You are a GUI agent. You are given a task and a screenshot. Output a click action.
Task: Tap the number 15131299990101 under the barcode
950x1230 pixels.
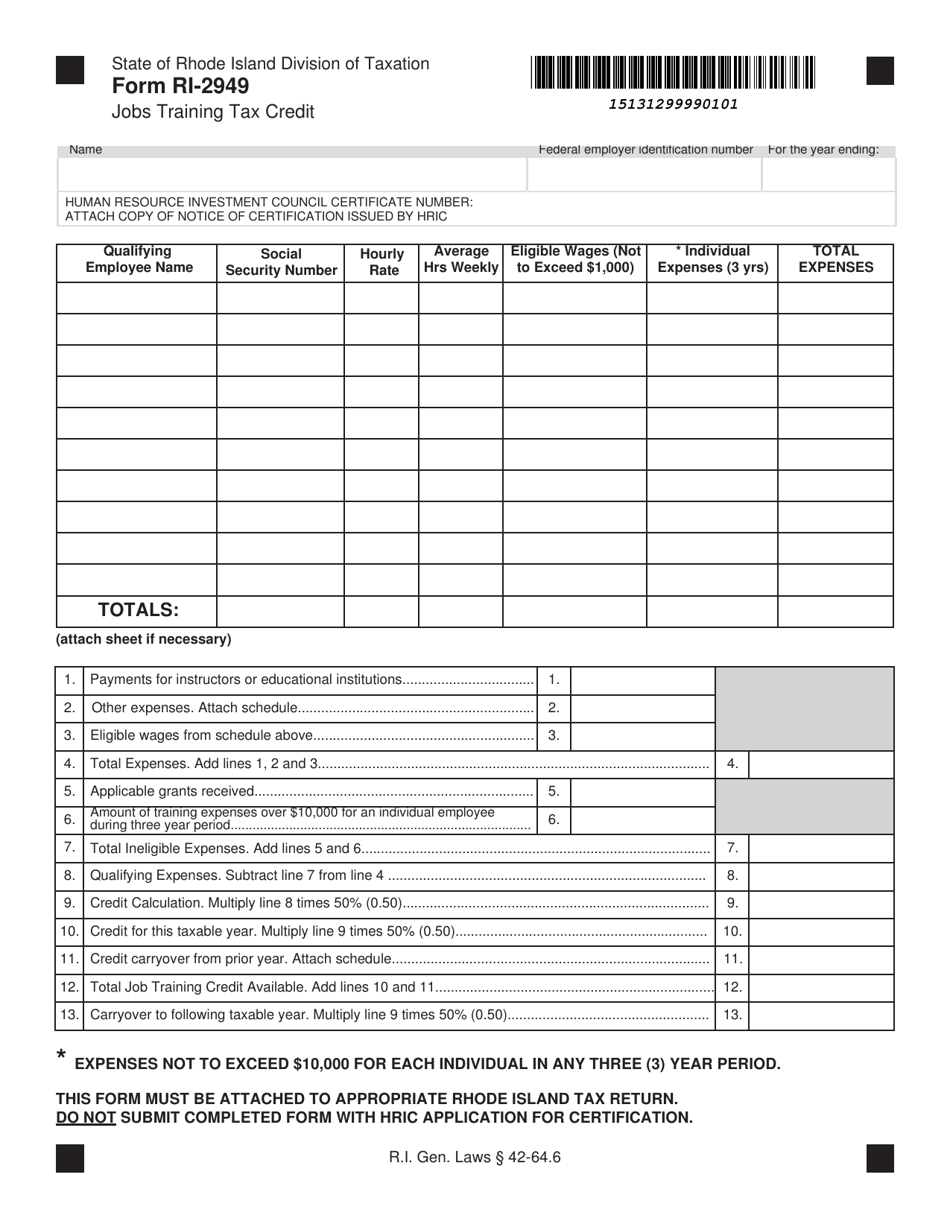tap(674, 104)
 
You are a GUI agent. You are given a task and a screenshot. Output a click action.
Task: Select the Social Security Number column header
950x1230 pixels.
tap(281, 262)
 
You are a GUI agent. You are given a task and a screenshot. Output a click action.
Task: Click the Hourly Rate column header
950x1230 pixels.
tap(381, 262)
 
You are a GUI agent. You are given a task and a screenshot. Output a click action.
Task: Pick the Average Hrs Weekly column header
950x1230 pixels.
tap(460, 260)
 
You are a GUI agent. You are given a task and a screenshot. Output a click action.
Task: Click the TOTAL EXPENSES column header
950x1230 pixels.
tap(835, 260)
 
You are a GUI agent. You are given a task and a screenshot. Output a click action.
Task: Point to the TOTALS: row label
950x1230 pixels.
tap(137, 610)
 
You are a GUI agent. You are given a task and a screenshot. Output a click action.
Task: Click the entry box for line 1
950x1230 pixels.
tap(642, 680)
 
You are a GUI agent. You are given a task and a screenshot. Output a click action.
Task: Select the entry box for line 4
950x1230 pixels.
tap(820, 764)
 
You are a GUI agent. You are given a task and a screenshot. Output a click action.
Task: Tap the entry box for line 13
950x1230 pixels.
tap(820, 1015)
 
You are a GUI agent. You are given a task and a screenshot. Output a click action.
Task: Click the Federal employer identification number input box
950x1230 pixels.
tap(644, 174)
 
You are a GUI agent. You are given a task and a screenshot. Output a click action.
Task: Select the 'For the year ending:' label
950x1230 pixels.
tap(823, 150)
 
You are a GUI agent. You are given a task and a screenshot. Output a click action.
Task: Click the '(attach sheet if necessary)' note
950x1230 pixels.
tap(143, 639)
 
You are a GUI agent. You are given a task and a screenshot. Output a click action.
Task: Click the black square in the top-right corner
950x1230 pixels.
tap(879, 71)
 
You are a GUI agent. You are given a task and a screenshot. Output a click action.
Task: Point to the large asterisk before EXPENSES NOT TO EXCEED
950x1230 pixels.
tap(62, 1058)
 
